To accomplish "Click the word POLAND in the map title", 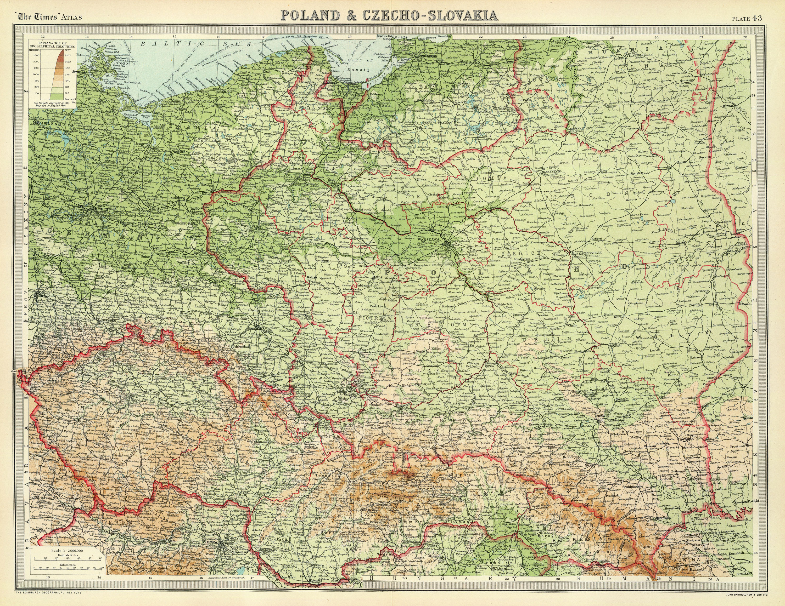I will [x=310, y=15].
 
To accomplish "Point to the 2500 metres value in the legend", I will [x=36, y=55].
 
